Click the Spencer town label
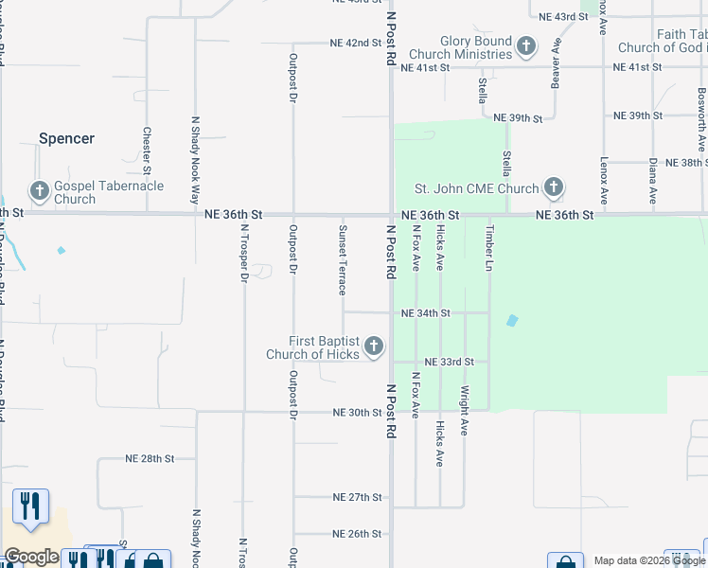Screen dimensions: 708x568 click(x=66, y=138)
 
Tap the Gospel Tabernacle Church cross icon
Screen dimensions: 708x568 click(x=40, y=192)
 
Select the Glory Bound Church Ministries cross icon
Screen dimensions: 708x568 click(x=526, y=45)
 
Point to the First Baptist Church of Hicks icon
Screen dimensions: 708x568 click(x=374, y=346)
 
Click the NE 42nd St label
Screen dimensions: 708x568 click(x=355, y=44)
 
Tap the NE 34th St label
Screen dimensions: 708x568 click(x=425, y=313)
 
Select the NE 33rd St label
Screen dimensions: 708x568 click(x=449, y=363)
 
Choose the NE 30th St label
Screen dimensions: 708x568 click(x=357, y=413)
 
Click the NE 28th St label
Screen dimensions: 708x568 click(x=150, y=458)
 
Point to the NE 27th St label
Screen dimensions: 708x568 click(x=357, y=497)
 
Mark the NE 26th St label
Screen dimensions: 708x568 click(x=357, y=534)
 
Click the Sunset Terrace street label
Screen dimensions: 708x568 click(x=343, y=259)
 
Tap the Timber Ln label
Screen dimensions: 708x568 click(x=489, y=248)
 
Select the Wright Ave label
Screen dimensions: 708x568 click(x=464, y=409)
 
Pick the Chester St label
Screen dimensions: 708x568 click(x=147, y=151)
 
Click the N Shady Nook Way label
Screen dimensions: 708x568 click(x=196, y=160)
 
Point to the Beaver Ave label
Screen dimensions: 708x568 click(x=556, y=64)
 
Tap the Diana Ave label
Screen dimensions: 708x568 click(x=653, y=182)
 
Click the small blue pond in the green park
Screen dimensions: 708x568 click(x=512, y=321)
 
